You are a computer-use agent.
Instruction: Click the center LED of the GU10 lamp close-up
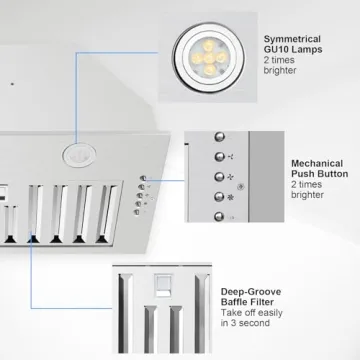click(x=209, y=59)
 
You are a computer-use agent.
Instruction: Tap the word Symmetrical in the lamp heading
click(x=292, y=39)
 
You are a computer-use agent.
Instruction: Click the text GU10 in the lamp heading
click(x=276, y=50)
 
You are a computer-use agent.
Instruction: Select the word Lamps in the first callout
click(x=307, y=50)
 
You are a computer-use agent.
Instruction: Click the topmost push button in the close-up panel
click(x=219, y=137)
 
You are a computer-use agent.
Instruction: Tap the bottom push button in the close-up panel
click(x=219, y=217)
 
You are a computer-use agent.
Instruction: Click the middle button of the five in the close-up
click(x=219, y=177)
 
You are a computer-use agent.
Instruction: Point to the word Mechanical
click(x=317, y=164)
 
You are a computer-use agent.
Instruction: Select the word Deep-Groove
click(x=251, y=292)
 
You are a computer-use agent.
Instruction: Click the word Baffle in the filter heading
click(x=234, y=302)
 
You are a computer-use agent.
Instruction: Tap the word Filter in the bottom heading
click(x=261, y=302)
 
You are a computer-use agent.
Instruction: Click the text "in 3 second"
click(x=245, y=323)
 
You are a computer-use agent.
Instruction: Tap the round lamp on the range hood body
click(x=79, y=155)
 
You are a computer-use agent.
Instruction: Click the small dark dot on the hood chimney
click(x=12, y=84)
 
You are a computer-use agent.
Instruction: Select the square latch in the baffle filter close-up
click(x=163, y=285)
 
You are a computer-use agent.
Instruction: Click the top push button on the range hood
click(x=143, y=178)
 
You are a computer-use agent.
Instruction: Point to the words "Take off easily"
click(x=252, y=313)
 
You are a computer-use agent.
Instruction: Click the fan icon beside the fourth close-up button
click(x=230, y=198)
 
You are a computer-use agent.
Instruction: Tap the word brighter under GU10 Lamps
click(x=280, y=71)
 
